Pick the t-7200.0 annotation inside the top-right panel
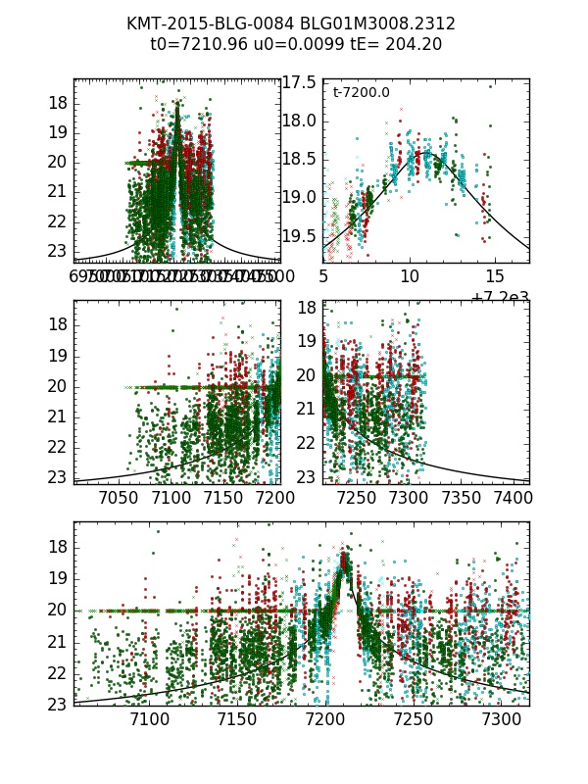pos(361,93)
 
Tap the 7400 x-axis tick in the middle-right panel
pos(506,498)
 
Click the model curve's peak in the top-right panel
pos(426,152)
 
